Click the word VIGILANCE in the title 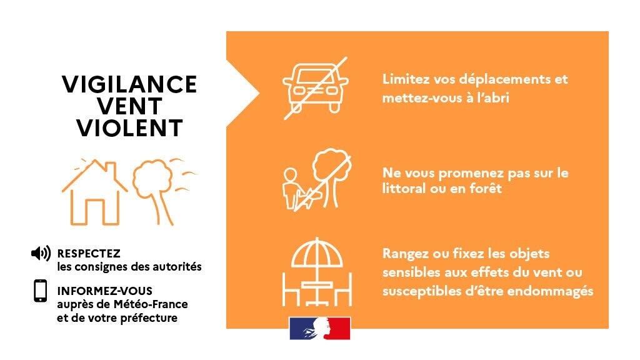pos(129,84)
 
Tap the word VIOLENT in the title pos(129,128)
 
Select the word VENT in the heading pos(129,106)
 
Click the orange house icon pos(95,192)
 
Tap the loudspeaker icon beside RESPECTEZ pos(41,254)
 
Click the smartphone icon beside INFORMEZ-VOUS pos(41,291)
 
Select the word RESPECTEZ pos(89,254)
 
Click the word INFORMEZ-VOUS pos(104,291)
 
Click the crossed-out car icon pos(316,87)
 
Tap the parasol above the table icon pos(317,253)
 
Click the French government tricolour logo pos(320,328)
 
